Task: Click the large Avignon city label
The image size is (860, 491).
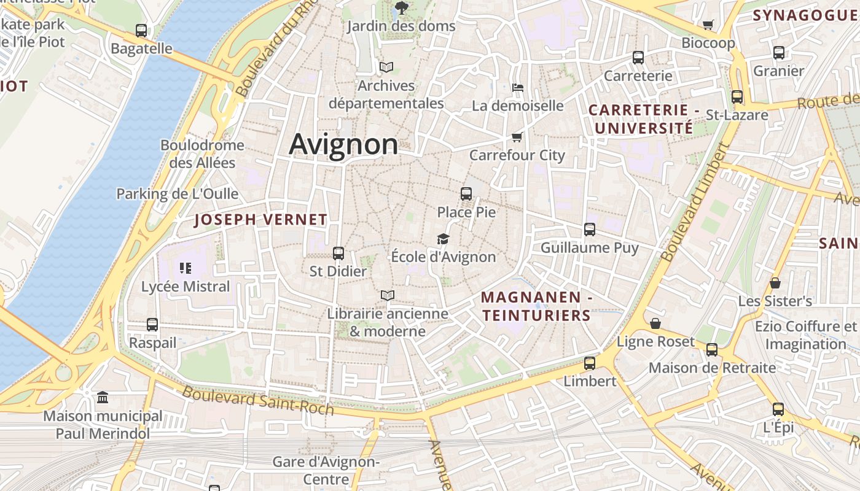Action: (x=343, y=144)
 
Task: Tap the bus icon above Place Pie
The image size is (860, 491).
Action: (x=466, y=194)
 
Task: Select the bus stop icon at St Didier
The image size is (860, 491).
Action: (x=338, y=253)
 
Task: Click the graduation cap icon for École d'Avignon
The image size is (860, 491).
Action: (x=443, y=239)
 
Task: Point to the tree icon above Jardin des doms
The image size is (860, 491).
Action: (x=401, y=8)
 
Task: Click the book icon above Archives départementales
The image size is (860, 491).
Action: (x=386, y=67)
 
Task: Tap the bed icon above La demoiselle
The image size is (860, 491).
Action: (x=518, y=88)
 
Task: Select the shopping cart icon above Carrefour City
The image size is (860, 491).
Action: (x=517, y=137)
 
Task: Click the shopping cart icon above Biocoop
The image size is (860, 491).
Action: (x=708, y=25)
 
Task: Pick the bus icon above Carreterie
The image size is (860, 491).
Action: (x=638, y=58)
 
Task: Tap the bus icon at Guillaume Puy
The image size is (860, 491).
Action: (x=590, y=230)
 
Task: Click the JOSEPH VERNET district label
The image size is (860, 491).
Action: (x=260, y=220)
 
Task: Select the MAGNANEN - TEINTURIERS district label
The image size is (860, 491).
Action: (x=536, y=306)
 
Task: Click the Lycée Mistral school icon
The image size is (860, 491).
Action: (x=186, y=268)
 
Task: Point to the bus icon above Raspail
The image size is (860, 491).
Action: (x=152, y=325)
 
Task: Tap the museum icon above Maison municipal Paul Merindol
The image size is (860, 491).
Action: (x=103, y=398)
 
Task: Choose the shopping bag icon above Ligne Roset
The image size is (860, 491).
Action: (x=655, y=323)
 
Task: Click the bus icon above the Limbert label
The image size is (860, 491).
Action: (x=590, y=363)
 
